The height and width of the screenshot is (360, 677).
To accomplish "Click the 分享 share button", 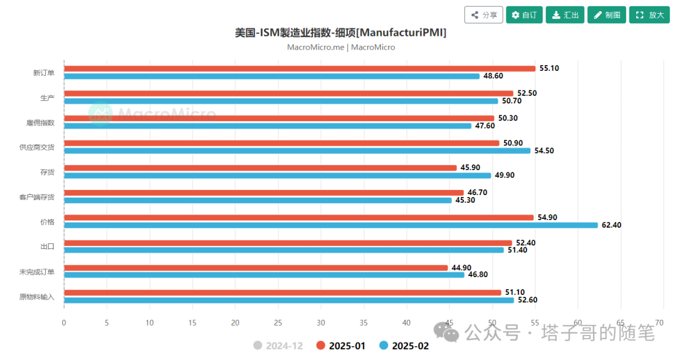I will pyautogui.click(x=483, y=15).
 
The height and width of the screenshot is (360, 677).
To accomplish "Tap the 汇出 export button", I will pyautogui.click(x=565, y=15).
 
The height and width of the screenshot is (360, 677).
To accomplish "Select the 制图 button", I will pyautogui.click(x=606, y=15).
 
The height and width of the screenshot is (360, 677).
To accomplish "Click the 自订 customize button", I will pyautogui.click(x=524, y=15).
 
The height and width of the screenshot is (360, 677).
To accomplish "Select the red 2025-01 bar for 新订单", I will pyautogui.click(x=300, y=68).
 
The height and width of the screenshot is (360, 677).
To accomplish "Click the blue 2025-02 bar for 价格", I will pyautogui.click(x=331, y=225).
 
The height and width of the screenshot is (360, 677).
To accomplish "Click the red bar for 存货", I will pyautogui.click(x=260, y=168).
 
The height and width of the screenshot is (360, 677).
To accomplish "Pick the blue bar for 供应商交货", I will pyautogui.click(x=297, y=151).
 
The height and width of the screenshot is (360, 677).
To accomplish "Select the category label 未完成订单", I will pyautogui.click(x=37, y=272).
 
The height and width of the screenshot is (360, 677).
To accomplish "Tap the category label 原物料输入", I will pyautogui.click(x=37, y=297).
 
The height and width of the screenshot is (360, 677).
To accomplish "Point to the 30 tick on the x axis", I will pyautogui.click(x=320, y=323).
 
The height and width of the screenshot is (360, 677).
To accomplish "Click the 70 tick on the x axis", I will pyautogui.click(x=663, y=323).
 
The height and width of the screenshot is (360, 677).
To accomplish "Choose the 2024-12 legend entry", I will pyautogui.click(x=280, y=346).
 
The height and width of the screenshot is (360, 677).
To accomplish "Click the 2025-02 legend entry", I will pyautogui.click(x=404, y=346).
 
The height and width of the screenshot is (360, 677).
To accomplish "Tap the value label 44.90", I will pyautogui.click(x=461, y=268).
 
